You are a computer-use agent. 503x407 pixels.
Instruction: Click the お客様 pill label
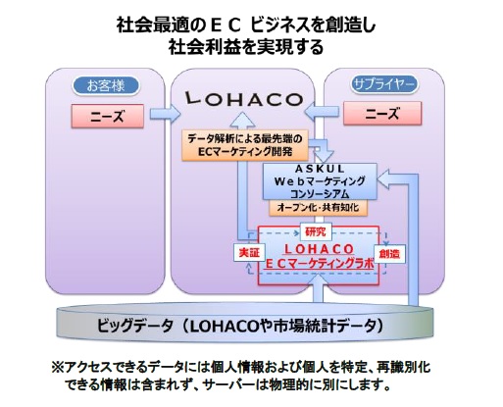click(106, 85)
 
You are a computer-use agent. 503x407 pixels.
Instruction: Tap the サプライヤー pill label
click(384, 84)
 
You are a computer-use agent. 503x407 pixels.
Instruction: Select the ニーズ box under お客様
click(108, 116)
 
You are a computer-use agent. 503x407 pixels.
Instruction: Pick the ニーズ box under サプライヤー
click(382, 114)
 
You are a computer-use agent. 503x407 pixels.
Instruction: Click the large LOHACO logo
click(244, 99)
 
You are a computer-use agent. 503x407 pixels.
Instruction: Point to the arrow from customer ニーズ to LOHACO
click(165, 114)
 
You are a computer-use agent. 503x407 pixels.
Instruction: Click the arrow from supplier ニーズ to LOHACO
click(322, 113)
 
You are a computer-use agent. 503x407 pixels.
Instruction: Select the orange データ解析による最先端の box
click(245, 145)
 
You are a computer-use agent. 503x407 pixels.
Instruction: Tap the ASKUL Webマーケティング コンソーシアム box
click(320, 181)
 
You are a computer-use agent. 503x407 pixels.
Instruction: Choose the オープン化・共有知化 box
click(318, 208)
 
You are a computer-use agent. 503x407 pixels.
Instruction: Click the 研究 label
click(316, 231)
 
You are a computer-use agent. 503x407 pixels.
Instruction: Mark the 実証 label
click(249, 253)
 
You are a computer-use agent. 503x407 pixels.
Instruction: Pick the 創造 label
click(389, 254)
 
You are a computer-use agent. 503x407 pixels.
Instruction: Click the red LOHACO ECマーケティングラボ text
click(320, 256)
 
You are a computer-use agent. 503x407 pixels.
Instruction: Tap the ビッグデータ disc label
click(240, 326)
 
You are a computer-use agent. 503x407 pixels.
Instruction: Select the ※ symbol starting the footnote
click(58, 367)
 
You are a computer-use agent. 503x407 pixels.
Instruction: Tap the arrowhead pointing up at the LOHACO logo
click(242, 120)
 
